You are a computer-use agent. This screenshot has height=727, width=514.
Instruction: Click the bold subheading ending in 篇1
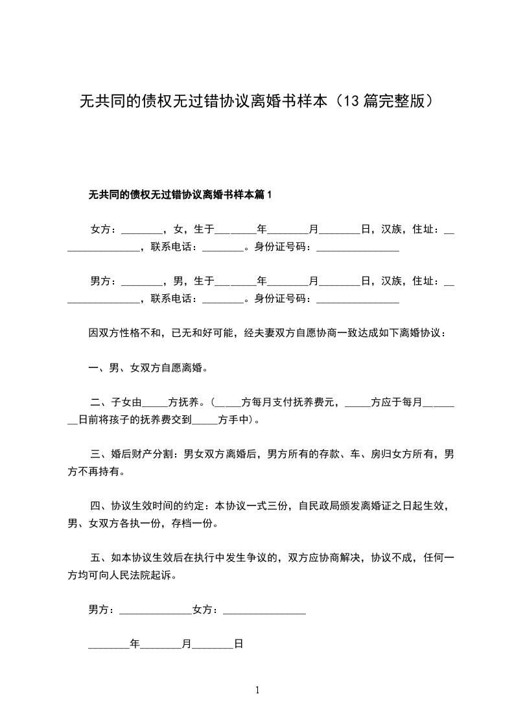tap(180, 194)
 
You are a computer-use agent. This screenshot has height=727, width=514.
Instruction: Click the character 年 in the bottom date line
tap(135, 645)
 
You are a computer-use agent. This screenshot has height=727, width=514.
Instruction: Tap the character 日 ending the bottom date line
tap(238, 645)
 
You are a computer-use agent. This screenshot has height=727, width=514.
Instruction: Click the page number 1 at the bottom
tap(257, 690)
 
